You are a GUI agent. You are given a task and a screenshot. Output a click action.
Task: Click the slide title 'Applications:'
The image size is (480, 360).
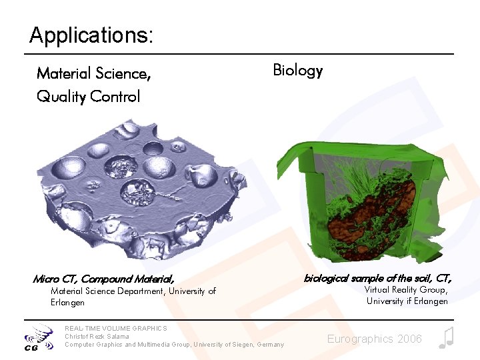[x=91, y=35]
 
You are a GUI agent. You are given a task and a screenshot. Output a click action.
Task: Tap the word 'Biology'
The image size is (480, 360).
[x=298, y=71]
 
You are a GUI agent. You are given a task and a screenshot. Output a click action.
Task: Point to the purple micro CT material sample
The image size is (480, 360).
[x=140, y=190]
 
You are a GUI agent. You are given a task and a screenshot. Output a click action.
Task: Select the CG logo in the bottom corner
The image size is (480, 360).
[x=39, y=338]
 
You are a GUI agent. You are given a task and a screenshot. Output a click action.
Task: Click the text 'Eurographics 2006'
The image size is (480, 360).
[x=374, y=339]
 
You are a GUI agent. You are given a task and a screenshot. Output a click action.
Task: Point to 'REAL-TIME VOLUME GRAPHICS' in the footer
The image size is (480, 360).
[x=116, y=328]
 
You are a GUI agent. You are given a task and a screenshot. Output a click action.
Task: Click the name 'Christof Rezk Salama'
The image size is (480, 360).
[x=97, y=336]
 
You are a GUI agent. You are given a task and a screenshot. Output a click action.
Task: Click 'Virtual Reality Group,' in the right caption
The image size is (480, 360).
[x=406, y=290]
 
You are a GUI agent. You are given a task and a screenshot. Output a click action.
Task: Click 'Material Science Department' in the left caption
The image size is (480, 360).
[x=107, y=291]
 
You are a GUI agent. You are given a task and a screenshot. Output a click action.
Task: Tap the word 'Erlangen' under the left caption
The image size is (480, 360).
[x=67, y=303]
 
